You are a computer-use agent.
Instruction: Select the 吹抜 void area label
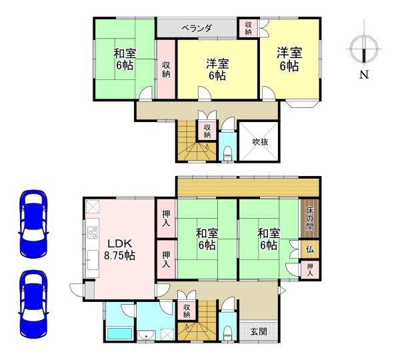click(x=260, y=141)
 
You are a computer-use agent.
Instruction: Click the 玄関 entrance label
click(x=259, y=332)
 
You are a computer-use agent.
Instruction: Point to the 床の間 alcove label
click(x=310, y=217)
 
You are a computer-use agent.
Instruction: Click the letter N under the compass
click(x=364, y=75)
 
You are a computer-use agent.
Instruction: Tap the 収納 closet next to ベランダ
click(x=248, y=27)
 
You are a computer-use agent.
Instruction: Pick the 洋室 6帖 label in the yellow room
click(x=217, y=69)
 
